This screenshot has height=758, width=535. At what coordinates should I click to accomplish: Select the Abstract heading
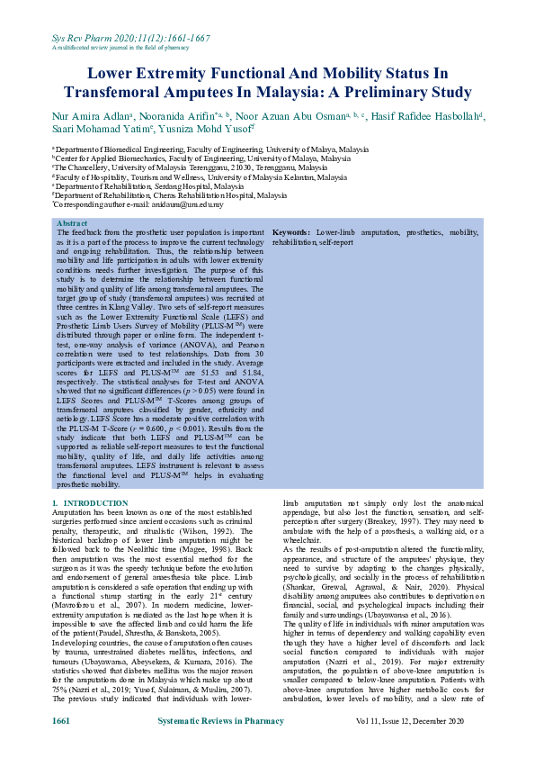(72, 222)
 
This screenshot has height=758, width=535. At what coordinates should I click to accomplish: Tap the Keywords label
(291, 232)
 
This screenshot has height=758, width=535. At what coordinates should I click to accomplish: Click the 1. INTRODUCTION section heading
(90, 503)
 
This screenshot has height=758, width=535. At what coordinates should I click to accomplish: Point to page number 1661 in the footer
(61, 722)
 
